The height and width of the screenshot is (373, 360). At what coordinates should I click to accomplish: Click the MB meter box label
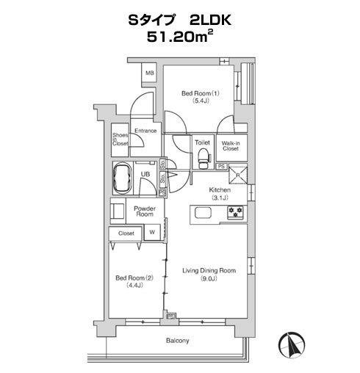pyautogui.click(x=150, y=73)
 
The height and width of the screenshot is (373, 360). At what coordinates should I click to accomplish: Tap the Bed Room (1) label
pyautogui.click(x=201, y=93)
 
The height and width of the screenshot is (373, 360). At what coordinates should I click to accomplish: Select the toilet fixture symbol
pyautogui.click(x=203, y=159)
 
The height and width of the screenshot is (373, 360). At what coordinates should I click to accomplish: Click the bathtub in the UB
pyautogui.click(x=123, y=178)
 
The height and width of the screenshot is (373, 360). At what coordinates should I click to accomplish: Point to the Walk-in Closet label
pyautogui.click(x=231, y=146)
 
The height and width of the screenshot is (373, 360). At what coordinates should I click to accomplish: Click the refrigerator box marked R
pyautogui.click(x=238, y=175)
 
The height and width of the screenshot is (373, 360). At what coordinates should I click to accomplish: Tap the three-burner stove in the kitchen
pyautogui.click(x=235, y=212)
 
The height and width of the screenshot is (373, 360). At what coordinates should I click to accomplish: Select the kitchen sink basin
pyautogui.click(x=203, y=213)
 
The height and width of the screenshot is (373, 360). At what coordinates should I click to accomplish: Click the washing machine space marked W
pyautogui.click(x=152, y=232)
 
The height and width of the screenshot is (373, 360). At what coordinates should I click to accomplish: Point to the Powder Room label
pyautogui.click(x=145, y=211)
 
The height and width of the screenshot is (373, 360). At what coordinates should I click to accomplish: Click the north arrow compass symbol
pyautogui.click(x=292, y=345)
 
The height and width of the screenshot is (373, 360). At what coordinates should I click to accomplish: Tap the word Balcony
pyautogui.click(x=178, y=341)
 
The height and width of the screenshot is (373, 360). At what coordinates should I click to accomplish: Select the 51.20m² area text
pyautogui.click(x=180, y=37)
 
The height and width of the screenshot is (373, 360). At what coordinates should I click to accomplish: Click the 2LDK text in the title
pyautogui.click(x=210, y=21)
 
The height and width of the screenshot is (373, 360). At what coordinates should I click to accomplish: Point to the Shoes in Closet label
pyautogui.click(x=120, y=140)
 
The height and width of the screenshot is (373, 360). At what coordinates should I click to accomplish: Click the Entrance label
pyautogui.click(x=145, y=131)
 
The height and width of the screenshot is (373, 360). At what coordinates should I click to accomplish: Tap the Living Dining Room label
pyautogui.click(x=209, y=270)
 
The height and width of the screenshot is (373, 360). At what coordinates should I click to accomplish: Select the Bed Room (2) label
pyautogui.click(x=134, y=278)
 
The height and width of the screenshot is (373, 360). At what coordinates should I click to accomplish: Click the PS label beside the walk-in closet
pyautogui.click(x=221, y=167)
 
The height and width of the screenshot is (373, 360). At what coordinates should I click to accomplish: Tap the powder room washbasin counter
pyautogui.click(x=118, y=211)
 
